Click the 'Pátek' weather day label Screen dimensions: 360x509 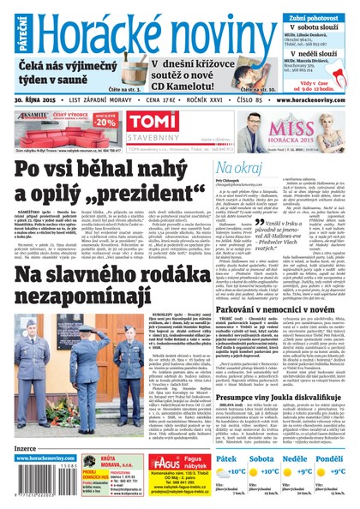226,459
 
